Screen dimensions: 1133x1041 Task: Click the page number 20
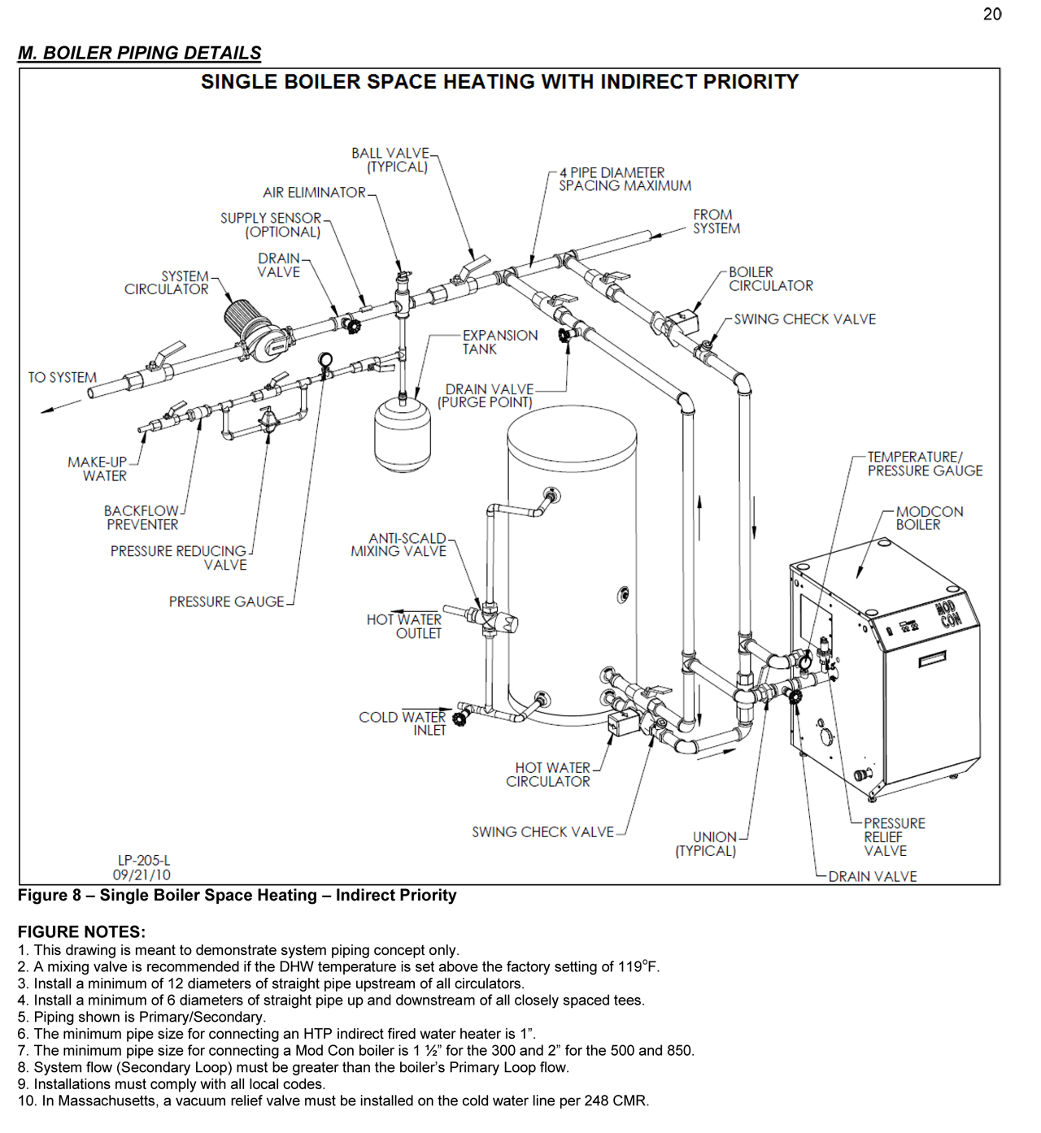(991, 15)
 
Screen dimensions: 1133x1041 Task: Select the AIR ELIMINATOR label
(314, 193)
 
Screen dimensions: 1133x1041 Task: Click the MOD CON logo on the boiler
(947, 614)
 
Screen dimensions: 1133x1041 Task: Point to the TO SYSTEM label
(62, 378)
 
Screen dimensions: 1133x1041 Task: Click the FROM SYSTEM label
(716, 222)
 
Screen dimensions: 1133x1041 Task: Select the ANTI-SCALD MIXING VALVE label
(399, 545)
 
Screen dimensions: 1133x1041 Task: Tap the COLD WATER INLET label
(403, 723)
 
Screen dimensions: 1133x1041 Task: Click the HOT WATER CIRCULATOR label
(549, 775)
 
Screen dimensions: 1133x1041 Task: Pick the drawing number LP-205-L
(144, 860)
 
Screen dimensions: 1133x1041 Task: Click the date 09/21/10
(142, 875)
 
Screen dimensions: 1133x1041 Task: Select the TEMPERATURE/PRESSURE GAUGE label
(924, 464)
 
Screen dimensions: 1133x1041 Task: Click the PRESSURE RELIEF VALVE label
(893, 837)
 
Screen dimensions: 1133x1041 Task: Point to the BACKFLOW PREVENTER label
(142, 518)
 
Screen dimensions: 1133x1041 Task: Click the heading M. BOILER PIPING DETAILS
(140, 53)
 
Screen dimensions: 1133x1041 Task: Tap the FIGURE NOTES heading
(81, 932)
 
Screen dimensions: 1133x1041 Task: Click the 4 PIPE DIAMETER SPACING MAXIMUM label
(624, 180)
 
